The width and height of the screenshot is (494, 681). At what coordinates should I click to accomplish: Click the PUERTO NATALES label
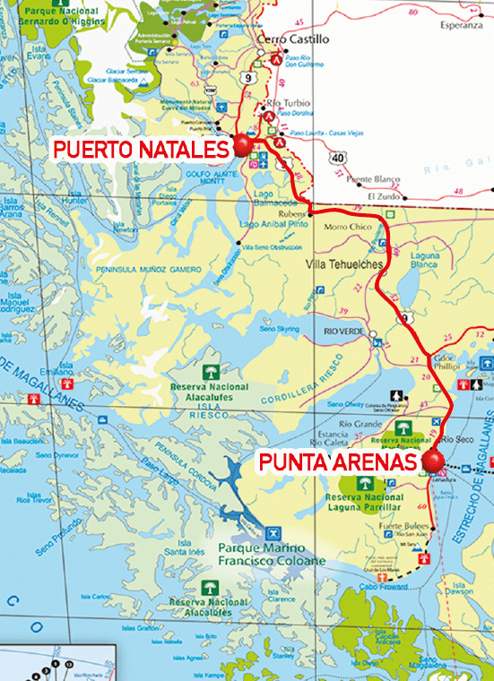pos(141,149)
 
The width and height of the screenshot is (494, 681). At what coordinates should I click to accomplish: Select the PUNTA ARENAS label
pos(338,462)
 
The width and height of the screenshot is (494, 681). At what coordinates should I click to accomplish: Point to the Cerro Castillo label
pos(292,39)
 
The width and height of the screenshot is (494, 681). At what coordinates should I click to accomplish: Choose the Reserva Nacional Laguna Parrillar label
pos(363,502)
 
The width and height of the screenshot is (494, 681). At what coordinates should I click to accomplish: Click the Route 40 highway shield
pos(337,157)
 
